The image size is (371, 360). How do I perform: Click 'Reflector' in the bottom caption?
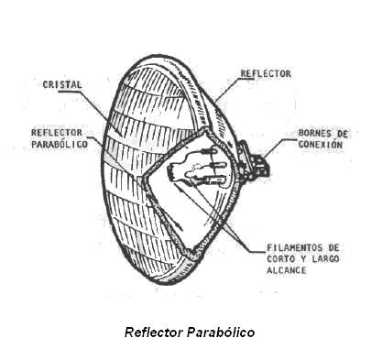[x=155, y=333]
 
